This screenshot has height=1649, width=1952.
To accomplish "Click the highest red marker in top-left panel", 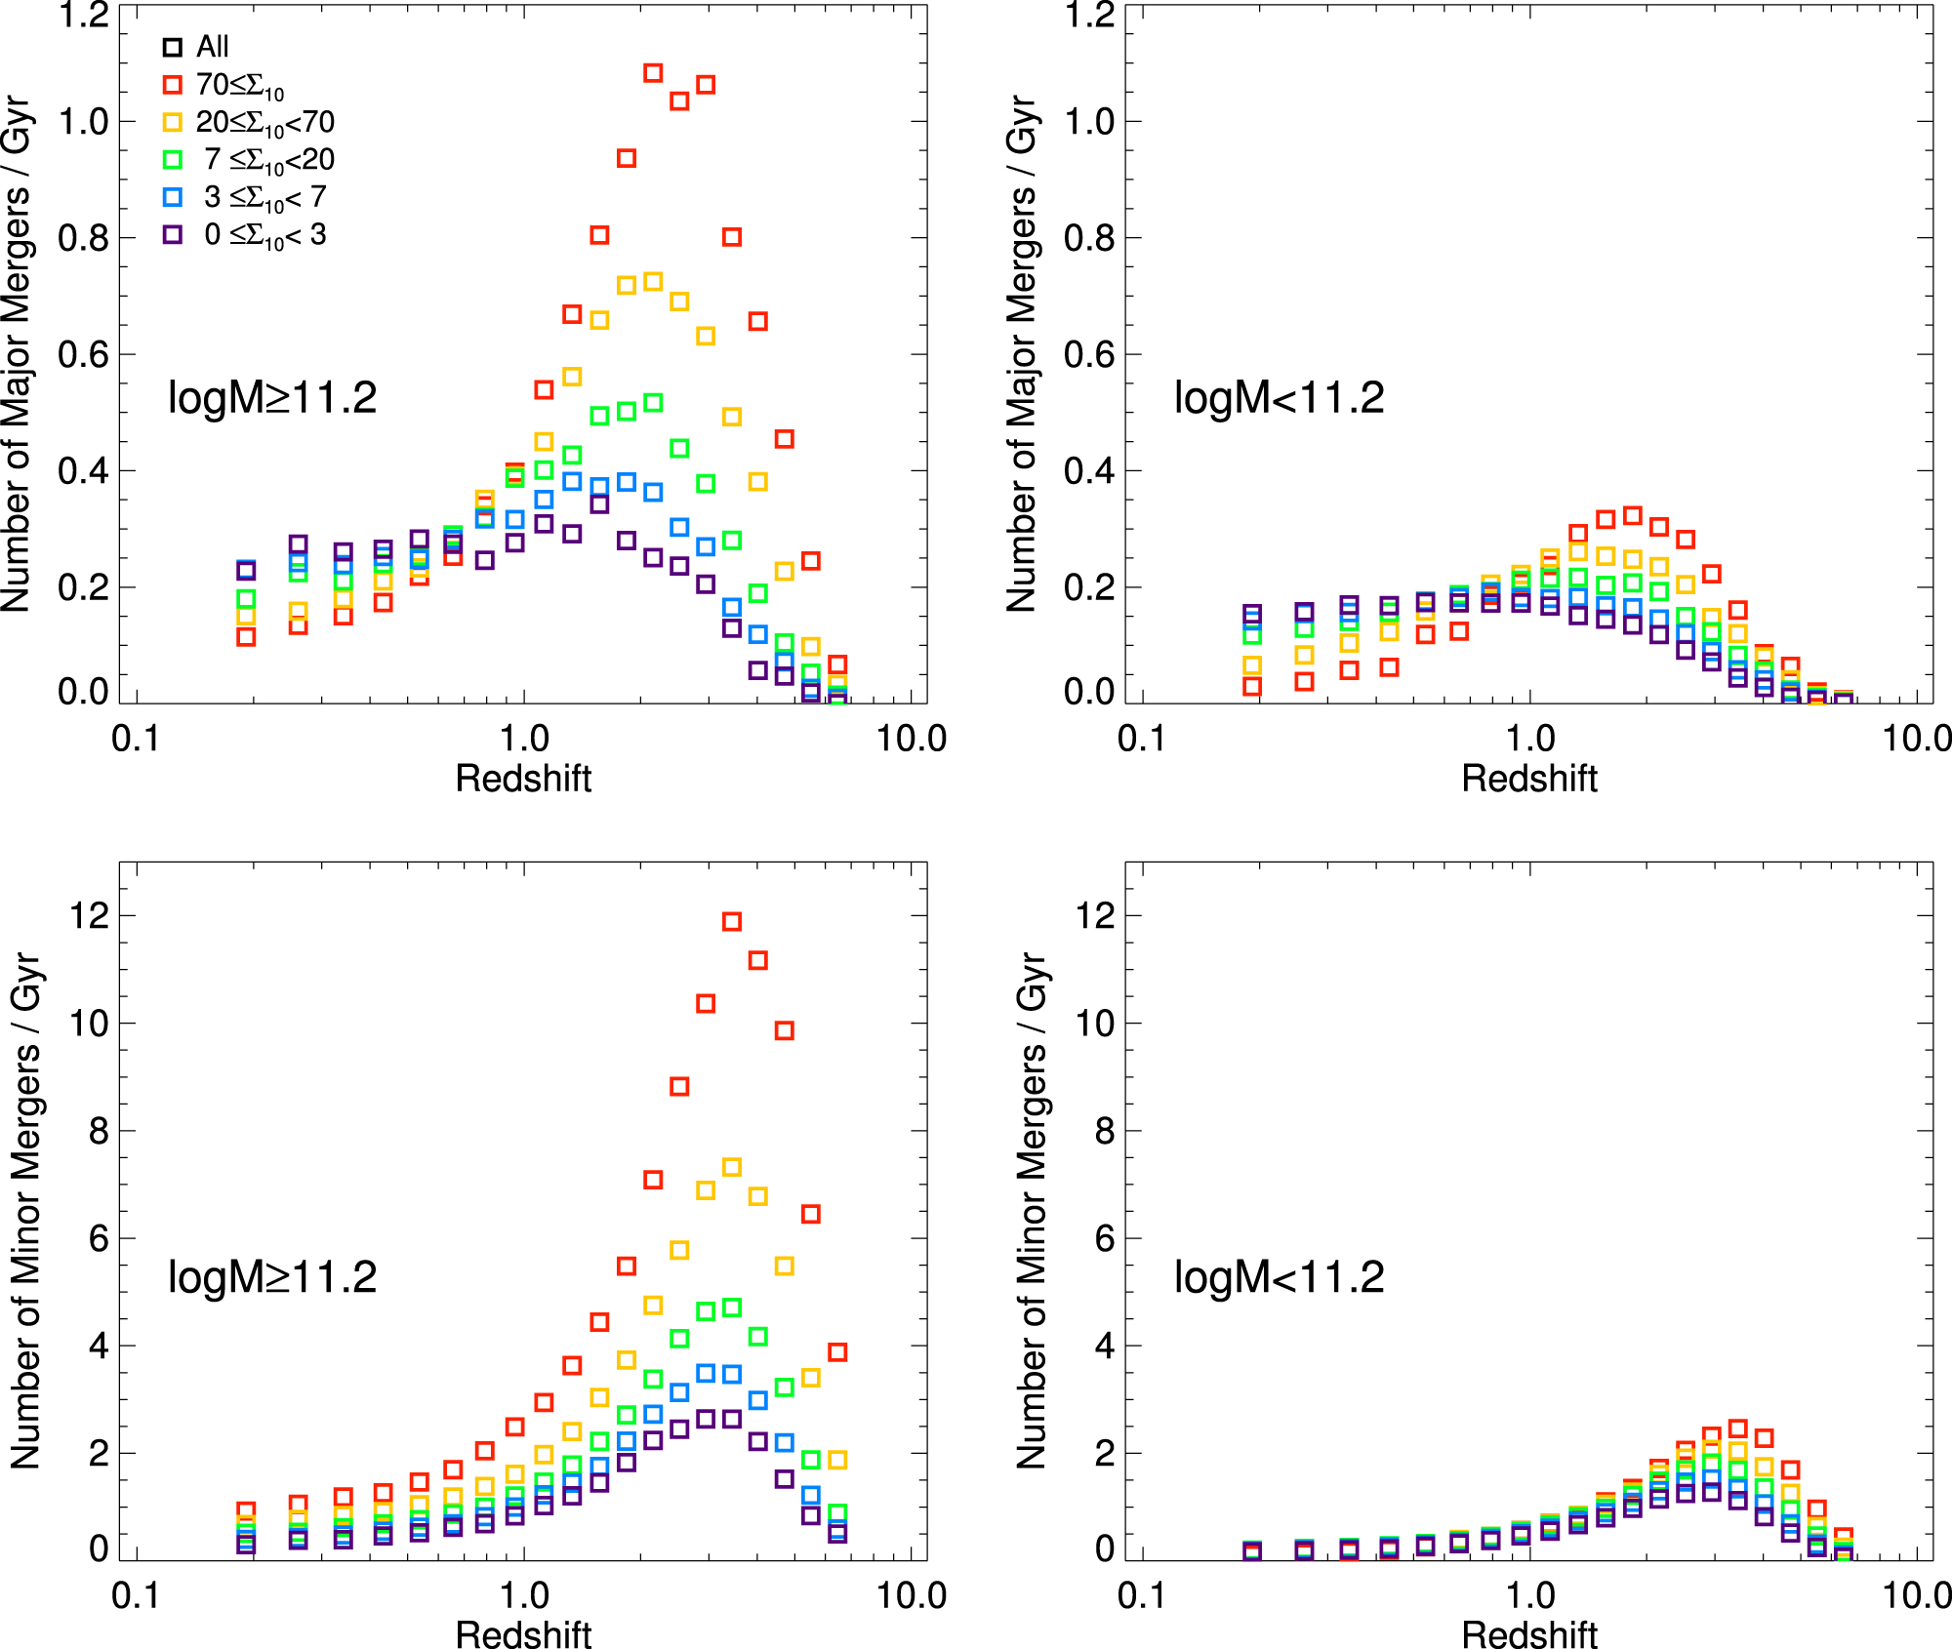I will coord(653,73).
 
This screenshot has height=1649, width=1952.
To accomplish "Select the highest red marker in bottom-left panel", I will coord(732,921).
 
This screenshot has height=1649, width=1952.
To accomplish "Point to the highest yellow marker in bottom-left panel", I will coord(732,1167).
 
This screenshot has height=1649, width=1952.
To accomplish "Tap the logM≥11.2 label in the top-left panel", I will coord(272,398).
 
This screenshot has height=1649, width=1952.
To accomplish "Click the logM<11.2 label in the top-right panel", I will coord(1279,398).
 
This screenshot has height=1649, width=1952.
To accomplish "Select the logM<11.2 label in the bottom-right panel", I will coord(1279,1277).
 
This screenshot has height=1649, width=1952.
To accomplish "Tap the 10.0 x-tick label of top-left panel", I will coord(911,739).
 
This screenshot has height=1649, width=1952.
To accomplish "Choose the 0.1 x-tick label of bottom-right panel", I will coord(1141,1595).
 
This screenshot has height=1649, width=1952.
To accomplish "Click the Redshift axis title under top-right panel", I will coord(1529,779).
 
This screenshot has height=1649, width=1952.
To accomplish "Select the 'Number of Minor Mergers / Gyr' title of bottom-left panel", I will coord(26,1210).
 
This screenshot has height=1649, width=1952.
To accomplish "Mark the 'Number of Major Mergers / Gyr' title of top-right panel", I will coord(1021,353).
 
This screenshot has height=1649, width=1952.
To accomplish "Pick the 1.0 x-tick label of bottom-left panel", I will coord(524,1595).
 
